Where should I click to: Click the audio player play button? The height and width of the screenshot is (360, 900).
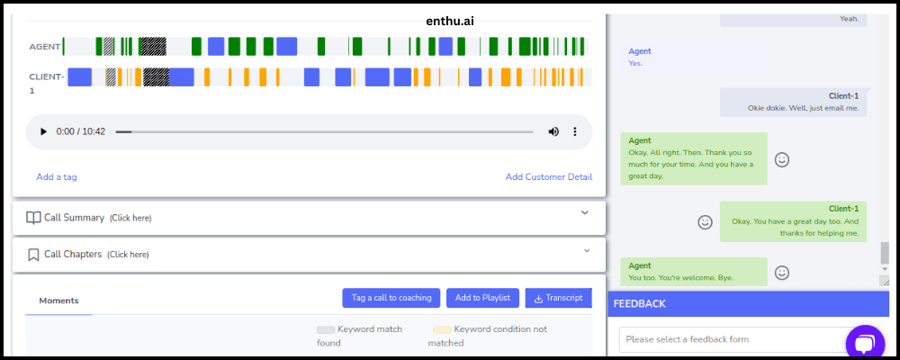point(43,131)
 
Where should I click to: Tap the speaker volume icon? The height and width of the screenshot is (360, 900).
point(553,131)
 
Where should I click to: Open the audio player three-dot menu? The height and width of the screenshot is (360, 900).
point(574,131)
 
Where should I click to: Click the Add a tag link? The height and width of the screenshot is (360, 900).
point(56,176)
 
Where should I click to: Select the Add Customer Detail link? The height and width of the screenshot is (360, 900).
point(549,176)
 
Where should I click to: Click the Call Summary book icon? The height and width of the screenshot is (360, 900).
point(33,218)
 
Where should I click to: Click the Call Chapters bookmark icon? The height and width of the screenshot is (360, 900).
point(33,255)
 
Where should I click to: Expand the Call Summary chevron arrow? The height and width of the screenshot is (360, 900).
point(585,212)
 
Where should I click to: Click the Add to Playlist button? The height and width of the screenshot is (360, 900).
point(482,297)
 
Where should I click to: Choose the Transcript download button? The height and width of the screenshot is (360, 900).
point(559,297)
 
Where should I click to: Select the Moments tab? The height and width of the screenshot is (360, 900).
point(58,301)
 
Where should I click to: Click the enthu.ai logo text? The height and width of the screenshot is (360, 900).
point(450,22)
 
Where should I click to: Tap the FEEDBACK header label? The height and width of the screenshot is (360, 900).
point(639,303)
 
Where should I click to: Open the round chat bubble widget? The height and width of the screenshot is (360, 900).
point(865,343)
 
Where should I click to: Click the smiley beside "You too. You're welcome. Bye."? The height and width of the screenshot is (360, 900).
point(782,272)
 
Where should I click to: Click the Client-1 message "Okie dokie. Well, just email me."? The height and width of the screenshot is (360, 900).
point(803,108)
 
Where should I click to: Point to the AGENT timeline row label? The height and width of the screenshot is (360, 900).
point(45,47)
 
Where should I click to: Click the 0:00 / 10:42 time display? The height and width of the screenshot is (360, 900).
point(81,131)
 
